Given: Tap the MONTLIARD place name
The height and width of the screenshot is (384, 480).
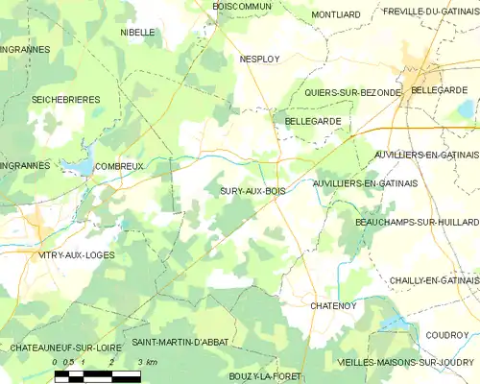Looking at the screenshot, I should coord(335,14).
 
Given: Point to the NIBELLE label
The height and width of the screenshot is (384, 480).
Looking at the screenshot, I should coord(137,32).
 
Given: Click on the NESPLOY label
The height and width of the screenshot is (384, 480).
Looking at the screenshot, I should coord(259,59).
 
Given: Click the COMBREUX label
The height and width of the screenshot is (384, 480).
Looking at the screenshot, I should coord(120,166).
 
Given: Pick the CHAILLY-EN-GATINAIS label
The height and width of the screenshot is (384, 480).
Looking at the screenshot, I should coord(426,279).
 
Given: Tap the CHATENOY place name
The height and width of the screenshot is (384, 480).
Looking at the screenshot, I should coord(334,305).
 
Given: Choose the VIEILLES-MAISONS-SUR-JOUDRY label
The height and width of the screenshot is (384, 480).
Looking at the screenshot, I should coord(406,363).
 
